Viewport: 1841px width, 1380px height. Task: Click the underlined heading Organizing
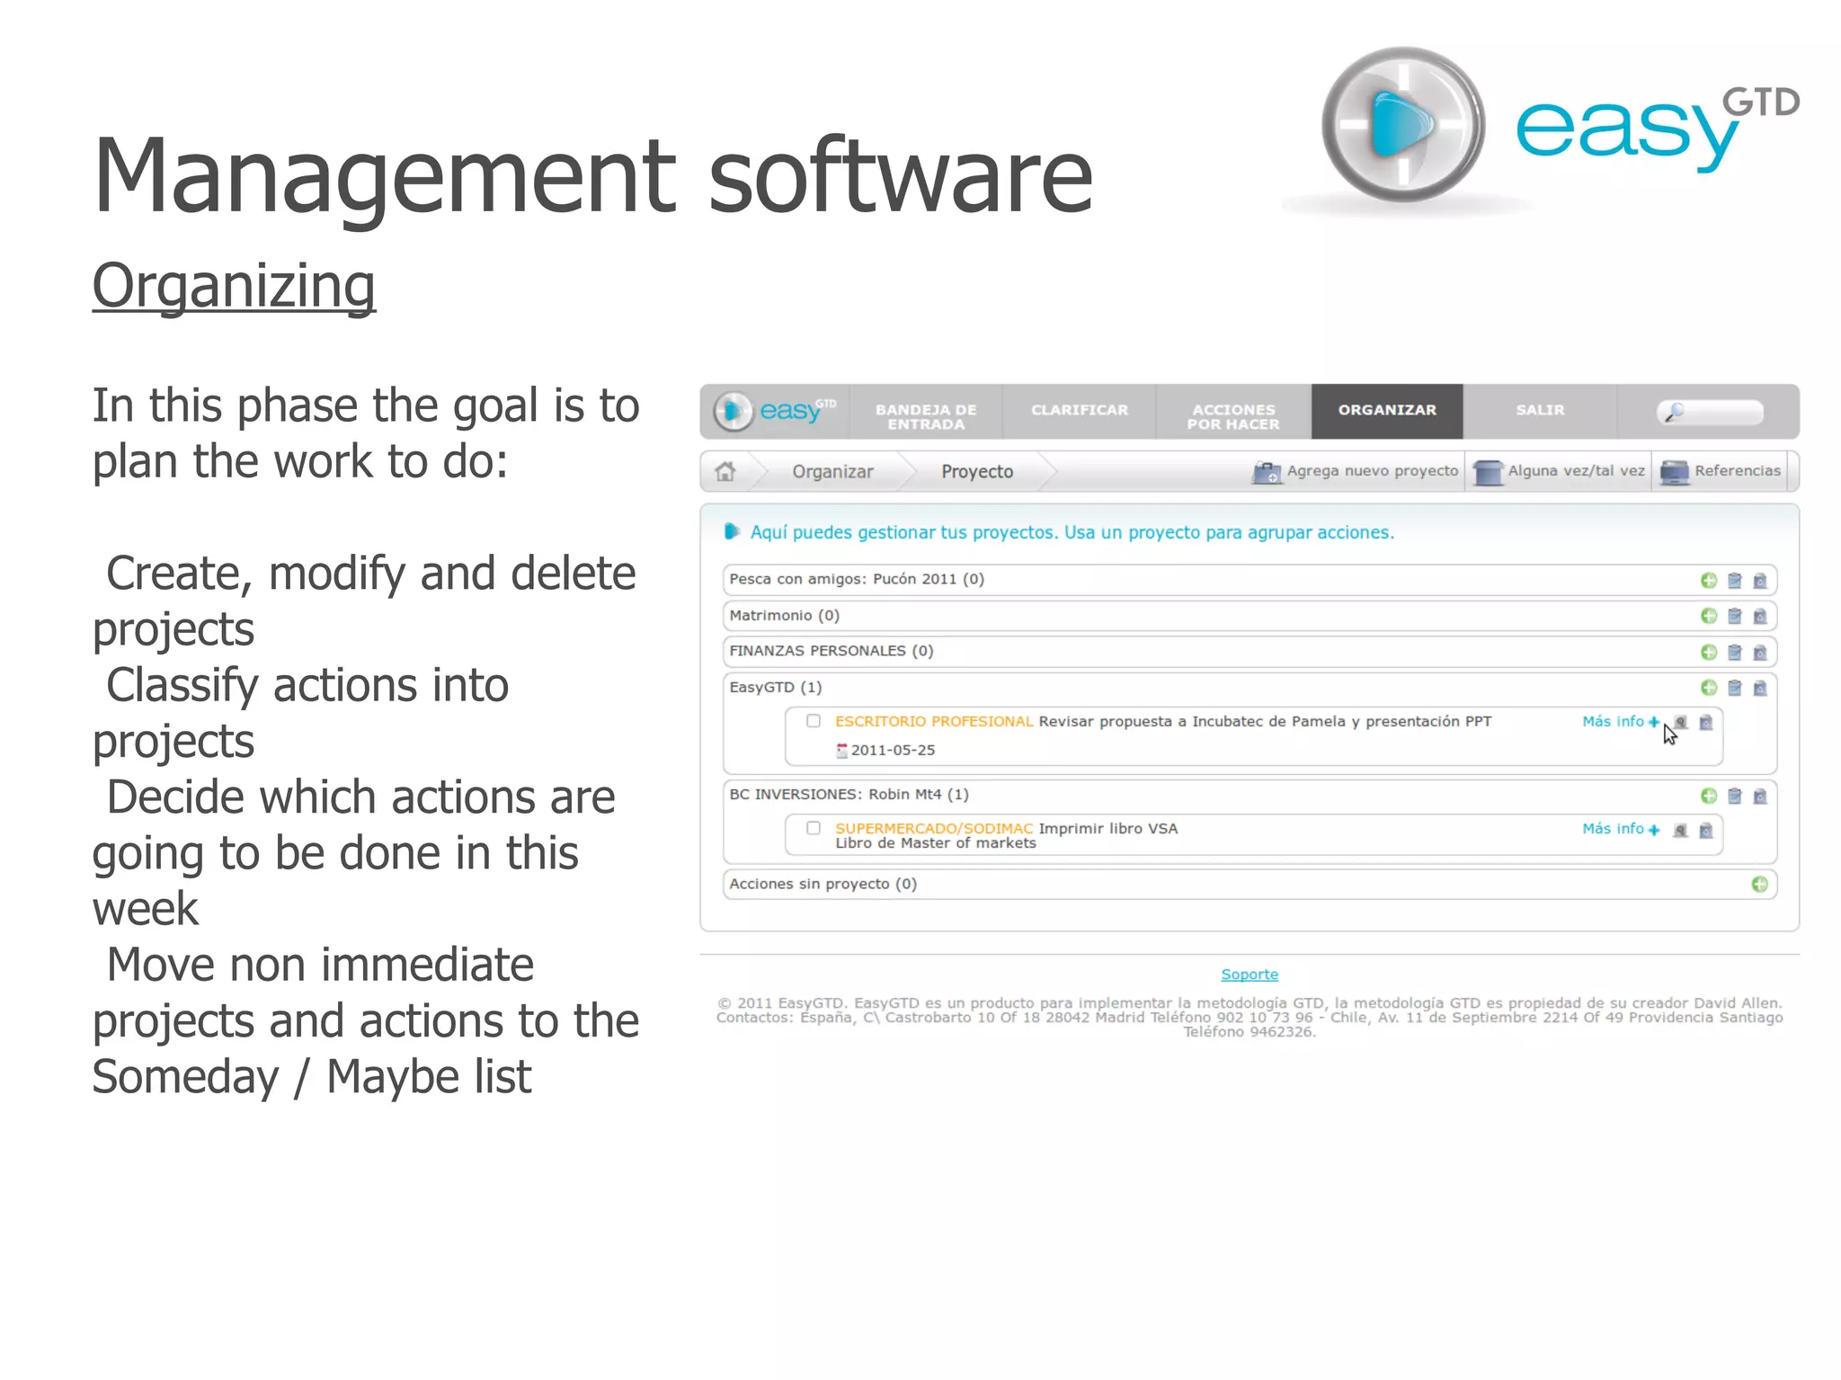click(x=234, y=287)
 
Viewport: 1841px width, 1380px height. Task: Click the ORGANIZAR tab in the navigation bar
click(x=1386, y=411)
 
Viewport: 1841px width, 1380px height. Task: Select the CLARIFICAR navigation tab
click(x=1079, y=411)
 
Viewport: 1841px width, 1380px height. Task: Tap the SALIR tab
click(x=1540, y=411)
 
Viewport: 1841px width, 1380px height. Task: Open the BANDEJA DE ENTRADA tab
click(x=926, y=416)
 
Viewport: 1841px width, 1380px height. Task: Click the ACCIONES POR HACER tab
click(x=1233, y=416)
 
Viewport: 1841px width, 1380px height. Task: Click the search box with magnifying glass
click(x=1710, y=413)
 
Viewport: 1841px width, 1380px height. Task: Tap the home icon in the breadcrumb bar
click(x=725, y=471)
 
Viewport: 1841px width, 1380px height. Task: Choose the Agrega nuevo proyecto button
click(x=1356, y=471)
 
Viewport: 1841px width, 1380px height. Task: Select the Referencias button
click(x=1721, y=471)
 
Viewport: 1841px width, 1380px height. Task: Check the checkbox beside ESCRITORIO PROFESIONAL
click(x=814, y=721)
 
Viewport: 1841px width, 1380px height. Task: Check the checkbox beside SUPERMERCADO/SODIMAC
click(x=814, y=828)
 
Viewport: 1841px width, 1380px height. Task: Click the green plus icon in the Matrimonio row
click(x=1709, y=616)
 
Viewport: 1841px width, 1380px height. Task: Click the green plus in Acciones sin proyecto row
click(x=1759, y=885)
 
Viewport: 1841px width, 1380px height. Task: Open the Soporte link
click(x=1250, y=975)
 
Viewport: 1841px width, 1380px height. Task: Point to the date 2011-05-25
click(x=893, y=751)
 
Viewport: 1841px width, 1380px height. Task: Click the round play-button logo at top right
click(x=1401, y=126)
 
